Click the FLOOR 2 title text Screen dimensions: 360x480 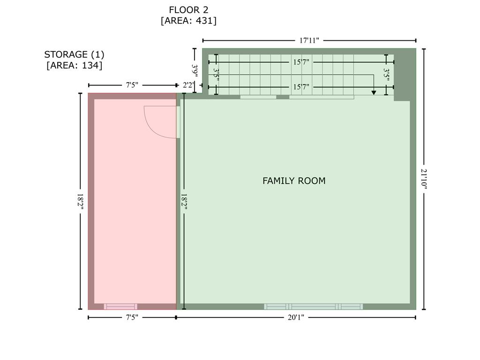(x=188, y=9)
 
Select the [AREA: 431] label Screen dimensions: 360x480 (x=188, y=21)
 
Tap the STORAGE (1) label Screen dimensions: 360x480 (x=74, y=54)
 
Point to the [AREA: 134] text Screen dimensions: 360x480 (x=74, y=65)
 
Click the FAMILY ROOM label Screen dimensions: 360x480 (x=294, y=180)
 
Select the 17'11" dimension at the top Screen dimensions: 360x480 (x=309, y=40)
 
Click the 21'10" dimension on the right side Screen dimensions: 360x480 (x=424, y=179)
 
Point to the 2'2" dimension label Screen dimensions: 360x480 (x=188, y=85)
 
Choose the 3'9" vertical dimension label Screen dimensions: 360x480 (x=195, y=70)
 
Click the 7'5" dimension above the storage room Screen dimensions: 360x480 (x=132, y=85)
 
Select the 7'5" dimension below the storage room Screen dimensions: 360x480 (x=132, y=317)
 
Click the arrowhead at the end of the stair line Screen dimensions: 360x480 (x=374, y=93)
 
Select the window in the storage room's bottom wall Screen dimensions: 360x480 (x=120, y=307)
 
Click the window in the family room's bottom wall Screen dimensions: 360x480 (x=313, y=307)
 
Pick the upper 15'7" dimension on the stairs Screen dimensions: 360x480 (x=301, y=62)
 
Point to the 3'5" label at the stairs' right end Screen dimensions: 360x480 (x=387, y=75)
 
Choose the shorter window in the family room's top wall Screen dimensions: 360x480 (x=258, y=97)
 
